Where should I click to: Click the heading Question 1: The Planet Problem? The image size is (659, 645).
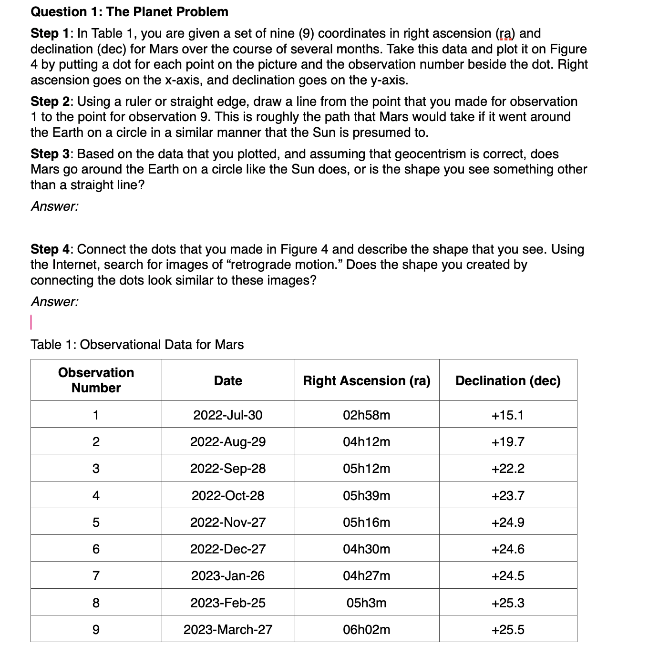tap(129, 11)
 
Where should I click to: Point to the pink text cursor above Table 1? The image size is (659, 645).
tap(31, 322)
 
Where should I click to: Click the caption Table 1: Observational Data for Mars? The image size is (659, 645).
tap(137, 345)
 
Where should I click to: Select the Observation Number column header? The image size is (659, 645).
tap(96, 380)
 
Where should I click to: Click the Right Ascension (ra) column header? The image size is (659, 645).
tap(366, 380)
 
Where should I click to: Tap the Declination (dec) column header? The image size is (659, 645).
tap(508, 380)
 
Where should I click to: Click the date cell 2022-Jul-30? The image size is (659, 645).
tap(227, 415)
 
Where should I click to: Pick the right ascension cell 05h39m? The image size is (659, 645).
tap(366, 496)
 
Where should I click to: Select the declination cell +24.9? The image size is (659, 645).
tap(508, 522)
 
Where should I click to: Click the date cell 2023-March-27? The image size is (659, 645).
tap(227, 629)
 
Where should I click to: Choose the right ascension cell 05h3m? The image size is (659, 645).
tap(366, 603)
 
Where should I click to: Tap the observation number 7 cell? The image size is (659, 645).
tap(96, 576)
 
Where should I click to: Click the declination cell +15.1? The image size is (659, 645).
tap(508, 415)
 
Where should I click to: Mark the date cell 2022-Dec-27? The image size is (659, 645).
tap(227, 549)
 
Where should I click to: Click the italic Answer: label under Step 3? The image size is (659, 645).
tap(54, 206)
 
